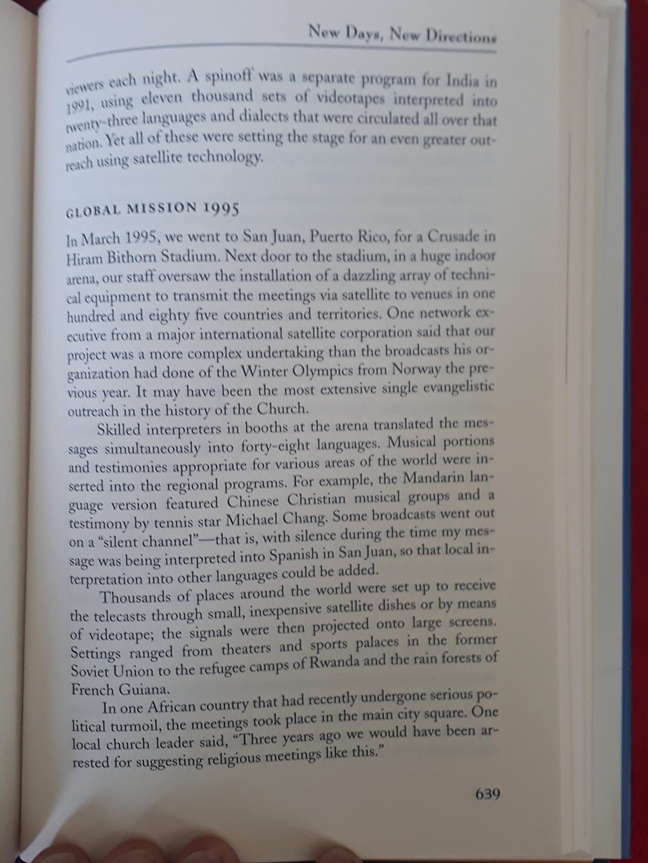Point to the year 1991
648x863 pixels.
(80, 107)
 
